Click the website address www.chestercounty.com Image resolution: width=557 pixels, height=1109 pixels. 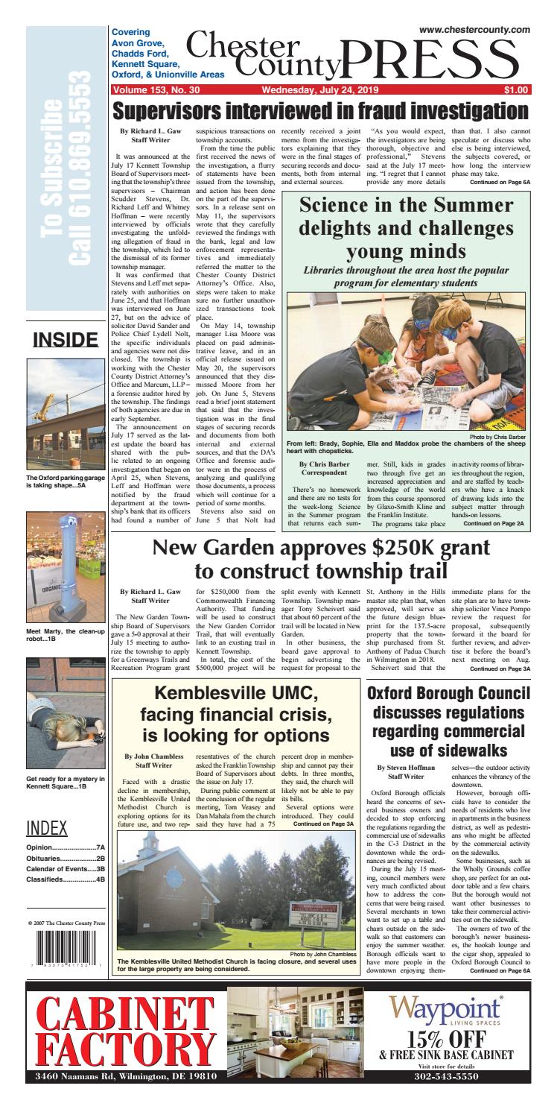(x=474, y=29)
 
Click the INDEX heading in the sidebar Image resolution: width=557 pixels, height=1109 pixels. (x=47, y=829)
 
